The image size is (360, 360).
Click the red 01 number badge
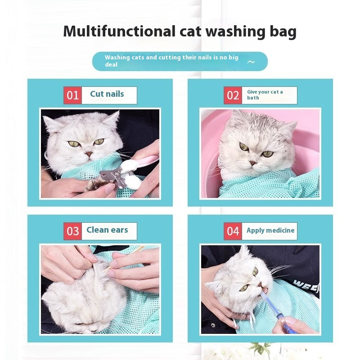(72, 95)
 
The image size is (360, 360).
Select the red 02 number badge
(233, 95)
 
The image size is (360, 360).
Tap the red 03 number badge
(72, 231)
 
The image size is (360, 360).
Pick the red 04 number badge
(233, 231)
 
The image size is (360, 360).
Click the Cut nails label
(107, 94)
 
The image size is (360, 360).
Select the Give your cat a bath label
(265, 94)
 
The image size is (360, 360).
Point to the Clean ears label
(107, 230)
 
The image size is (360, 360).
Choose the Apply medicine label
(270, 230)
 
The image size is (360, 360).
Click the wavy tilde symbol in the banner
(251, 62)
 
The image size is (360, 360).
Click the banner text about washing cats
(171, 61)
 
